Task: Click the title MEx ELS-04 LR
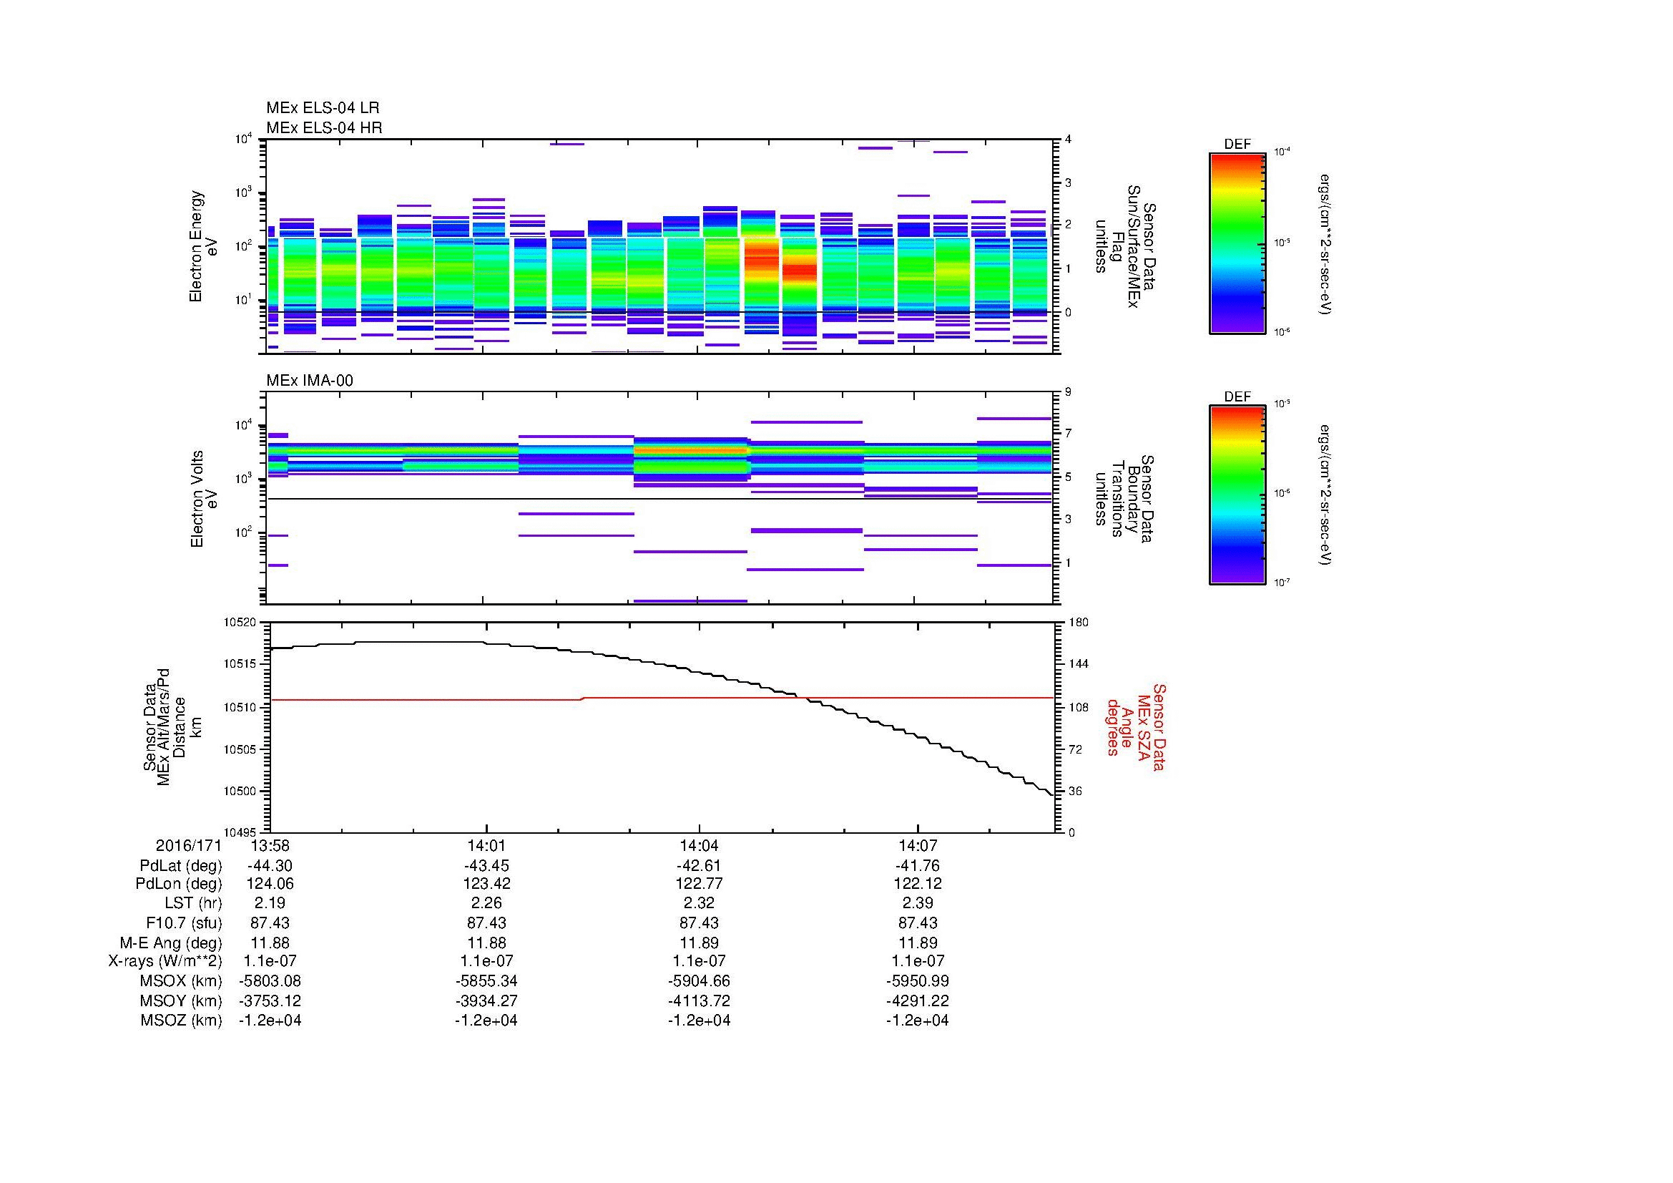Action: (x=323, y=108)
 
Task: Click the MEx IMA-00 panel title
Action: (x=310, y=381)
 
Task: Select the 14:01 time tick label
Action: (x=486, y=846)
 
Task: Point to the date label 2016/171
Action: (x=188, y=846)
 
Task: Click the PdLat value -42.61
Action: (x=699, y=866)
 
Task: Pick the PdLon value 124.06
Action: (x=270, y=884)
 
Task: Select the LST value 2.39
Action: (x=918, y=904)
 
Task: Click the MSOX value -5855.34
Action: (x=486, y=981)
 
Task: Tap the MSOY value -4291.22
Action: (x=918, y=1001)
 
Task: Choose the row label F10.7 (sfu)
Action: (x=184, y=923)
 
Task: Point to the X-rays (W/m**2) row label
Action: (x=165, y=961)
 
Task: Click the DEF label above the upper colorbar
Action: (x=1237, y=145)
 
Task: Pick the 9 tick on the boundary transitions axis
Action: (x=1068, y=392)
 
